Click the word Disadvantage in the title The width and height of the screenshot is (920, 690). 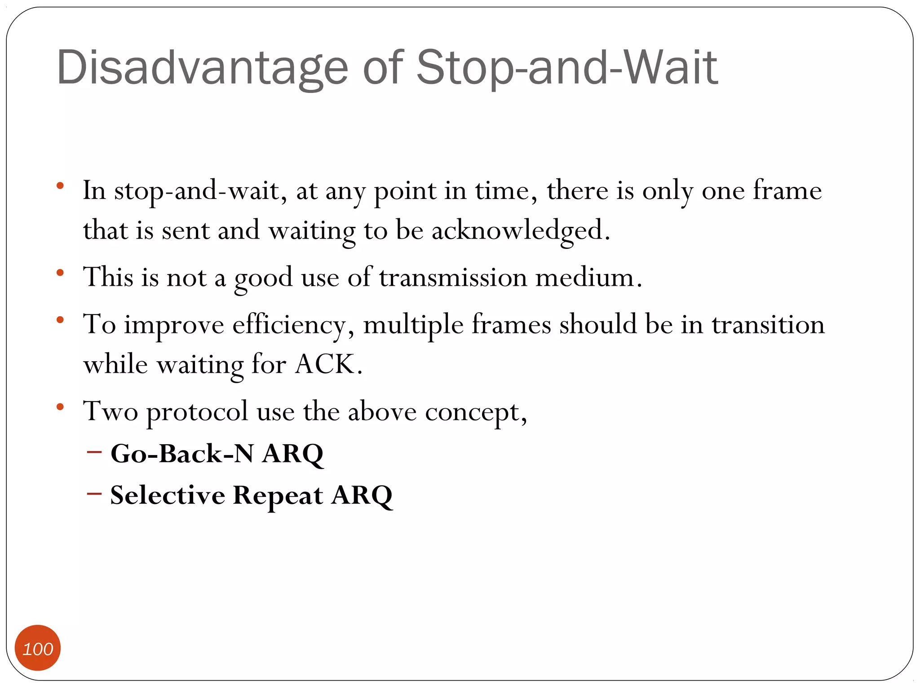pos(202,68)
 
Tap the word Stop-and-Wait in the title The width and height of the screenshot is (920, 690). pos(567,68)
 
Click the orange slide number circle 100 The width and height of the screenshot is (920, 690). pos(38,648)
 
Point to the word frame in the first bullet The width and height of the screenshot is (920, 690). pos(787,190)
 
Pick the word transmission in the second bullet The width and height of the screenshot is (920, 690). pos(453,277)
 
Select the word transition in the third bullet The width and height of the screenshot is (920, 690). pos(768,324)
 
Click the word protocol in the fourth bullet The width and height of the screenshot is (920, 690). pos(197,412)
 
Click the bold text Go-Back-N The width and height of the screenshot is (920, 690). pos(182,454)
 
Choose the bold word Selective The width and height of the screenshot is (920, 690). pos(168,495)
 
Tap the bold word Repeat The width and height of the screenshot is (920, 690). pos(278,496)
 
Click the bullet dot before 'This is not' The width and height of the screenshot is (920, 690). pos(60,273)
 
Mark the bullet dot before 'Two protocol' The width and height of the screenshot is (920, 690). pos(60,407)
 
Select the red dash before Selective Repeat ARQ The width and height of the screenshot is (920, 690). pos(94,494)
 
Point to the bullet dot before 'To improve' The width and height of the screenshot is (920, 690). pos(60,320)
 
